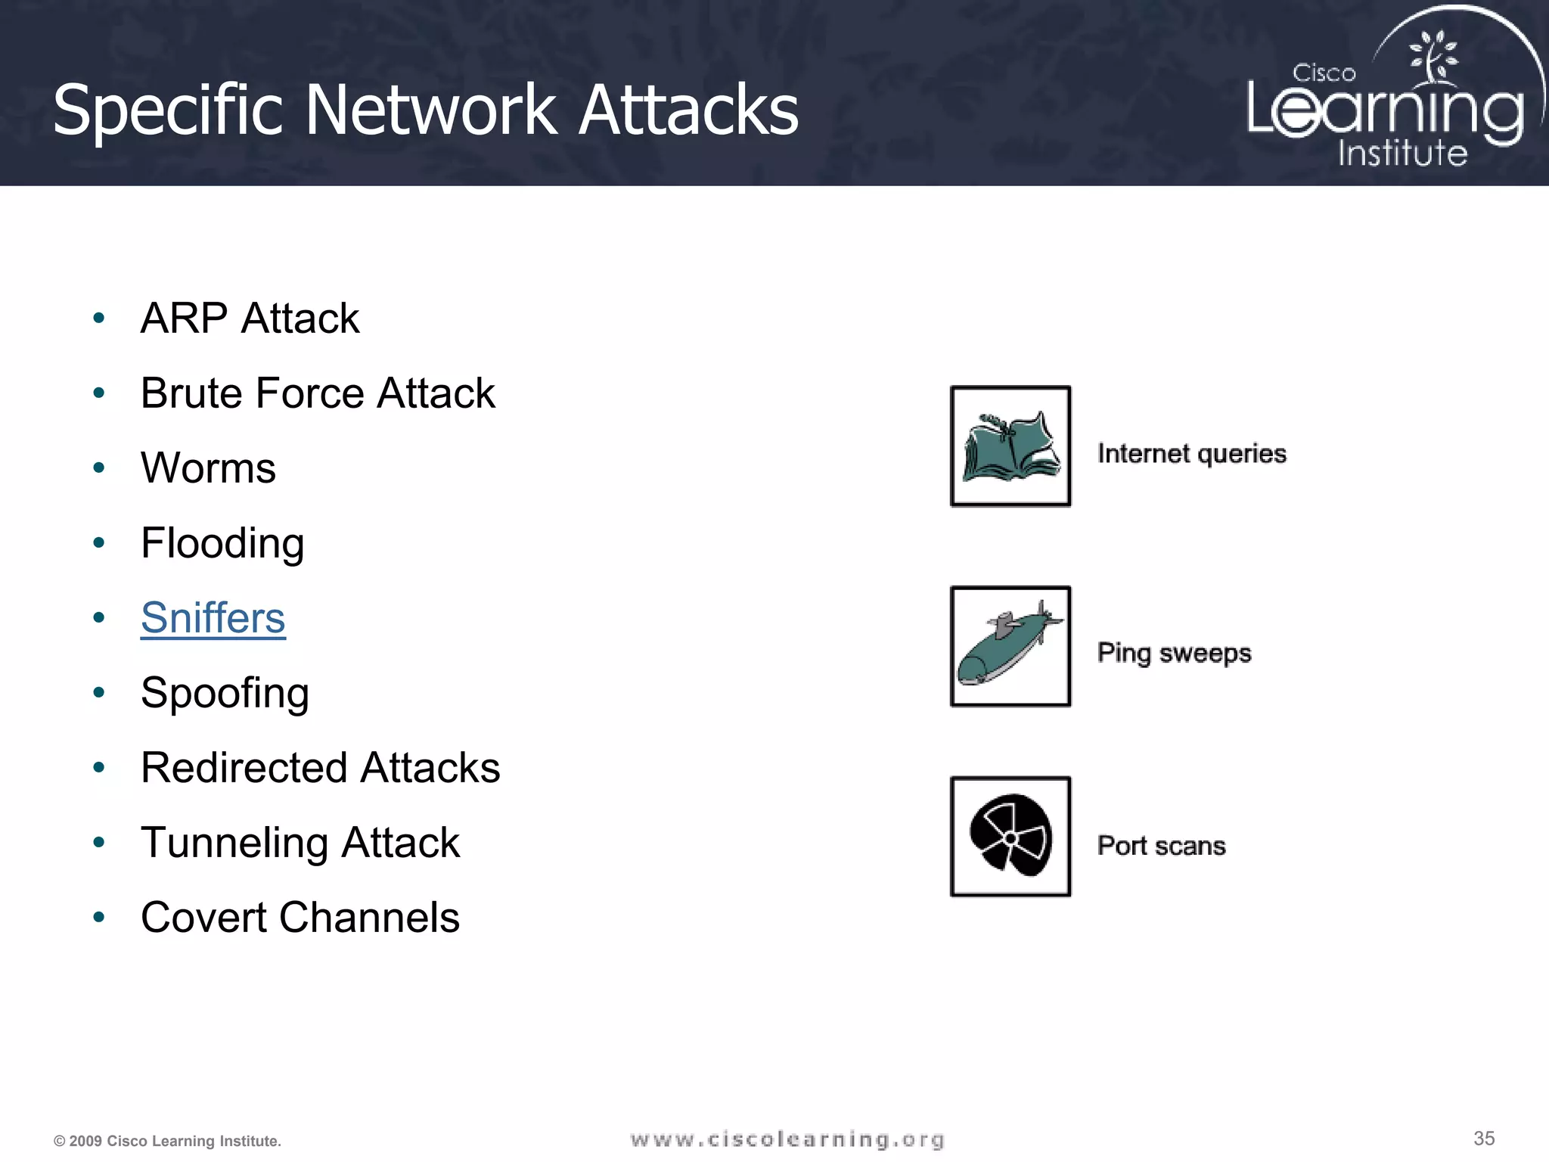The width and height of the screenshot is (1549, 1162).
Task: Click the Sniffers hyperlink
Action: point(213,618)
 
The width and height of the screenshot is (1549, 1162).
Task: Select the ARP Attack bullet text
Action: point(250,318)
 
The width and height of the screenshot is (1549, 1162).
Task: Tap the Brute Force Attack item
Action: point(318,393)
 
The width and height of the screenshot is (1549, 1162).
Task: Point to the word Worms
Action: point(208,468)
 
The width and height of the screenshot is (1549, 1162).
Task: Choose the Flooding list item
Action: point(222,543)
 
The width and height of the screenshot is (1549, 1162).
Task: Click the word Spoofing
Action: point(225,693)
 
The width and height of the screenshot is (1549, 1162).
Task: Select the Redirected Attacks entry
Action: point(320,768)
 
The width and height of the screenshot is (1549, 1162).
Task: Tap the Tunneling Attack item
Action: point(300,843)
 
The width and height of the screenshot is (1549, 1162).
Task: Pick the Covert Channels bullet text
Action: point(300,918)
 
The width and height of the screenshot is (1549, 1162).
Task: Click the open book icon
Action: point(1010,446)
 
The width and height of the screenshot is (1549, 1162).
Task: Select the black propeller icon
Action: point(1010,836)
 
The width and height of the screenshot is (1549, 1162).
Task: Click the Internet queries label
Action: point(1191,454)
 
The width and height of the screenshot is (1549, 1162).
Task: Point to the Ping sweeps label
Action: point(1174,653)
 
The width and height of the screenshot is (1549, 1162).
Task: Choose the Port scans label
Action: point(1161,846)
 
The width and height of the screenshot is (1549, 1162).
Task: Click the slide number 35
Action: point(1484,1139)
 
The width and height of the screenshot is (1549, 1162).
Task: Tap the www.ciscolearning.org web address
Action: point(787,1139)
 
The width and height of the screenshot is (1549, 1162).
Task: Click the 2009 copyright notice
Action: point(167,1141)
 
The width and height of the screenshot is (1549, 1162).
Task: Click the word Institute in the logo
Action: point(1402,154)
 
